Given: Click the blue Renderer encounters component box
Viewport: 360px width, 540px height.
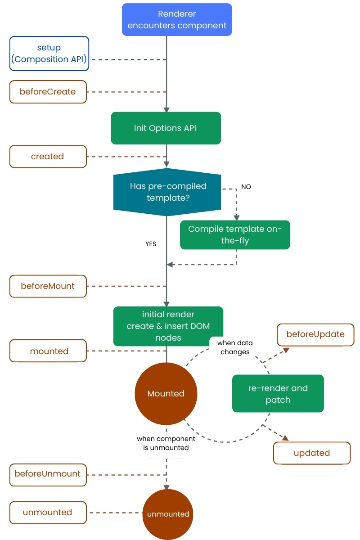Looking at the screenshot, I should click(x=177, y=20).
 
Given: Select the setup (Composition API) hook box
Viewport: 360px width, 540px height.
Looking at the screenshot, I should click(x=49, y=54).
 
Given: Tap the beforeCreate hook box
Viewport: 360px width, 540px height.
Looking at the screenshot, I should click(x=48, y=92).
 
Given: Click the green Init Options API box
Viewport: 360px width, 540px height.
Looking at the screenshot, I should click(x=166, y=128).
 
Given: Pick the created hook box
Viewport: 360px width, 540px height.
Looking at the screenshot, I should click(x=48, y=157).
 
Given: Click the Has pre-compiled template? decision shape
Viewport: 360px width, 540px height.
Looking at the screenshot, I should click(x=167, y=192).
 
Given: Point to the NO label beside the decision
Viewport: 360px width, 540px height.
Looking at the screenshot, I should click(x=246, y=187).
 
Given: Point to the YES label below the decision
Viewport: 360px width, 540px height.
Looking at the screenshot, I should click(x=151, y=244).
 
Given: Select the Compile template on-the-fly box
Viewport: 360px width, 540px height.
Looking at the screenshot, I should click(x=235, y=235).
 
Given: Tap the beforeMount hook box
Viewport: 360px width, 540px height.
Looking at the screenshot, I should click(x=48, y=286).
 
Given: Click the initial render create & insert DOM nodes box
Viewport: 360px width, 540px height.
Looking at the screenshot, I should click(x=168, y=326).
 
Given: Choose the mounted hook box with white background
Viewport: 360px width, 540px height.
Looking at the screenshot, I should click(x=48, y=351).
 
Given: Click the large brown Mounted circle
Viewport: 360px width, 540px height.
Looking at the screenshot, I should click(x=166, y=394).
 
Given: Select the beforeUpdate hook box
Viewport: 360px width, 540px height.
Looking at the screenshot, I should click(x=315, y=334).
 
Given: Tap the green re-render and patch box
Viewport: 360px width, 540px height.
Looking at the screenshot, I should click(x=278, y=394).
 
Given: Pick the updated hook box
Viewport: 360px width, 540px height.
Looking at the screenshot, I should click(x=311, y=453).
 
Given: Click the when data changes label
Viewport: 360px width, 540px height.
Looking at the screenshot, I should click(x=235, y=347).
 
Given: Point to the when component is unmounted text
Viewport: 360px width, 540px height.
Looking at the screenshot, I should click(x=166, y=443).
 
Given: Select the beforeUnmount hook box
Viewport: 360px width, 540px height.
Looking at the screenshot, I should click(x=48, y=474).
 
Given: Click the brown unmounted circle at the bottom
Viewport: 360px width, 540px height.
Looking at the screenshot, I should click(x=168, y=514).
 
